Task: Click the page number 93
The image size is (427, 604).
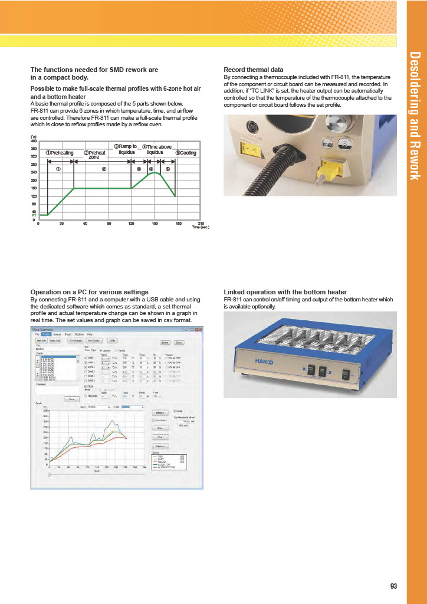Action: [393, 586]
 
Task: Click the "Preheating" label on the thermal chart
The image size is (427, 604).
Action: [60, 153]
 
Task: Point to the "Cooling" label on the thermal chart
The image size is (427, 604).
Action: [186, 153]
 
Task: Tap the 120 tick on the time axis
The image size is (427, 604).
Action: [131, 224]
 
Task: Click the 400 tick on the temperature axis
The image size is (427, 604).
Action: [34, 141]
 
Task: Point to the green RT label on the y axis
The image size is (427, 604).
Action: [34, 216]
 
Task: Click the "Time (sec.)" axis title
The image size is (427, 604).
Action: [201, 226]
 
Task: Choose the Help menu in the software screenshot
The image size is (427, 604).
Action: [89, 334]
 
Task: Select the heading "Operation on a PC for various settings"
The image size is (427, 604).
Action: [89, 292]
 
